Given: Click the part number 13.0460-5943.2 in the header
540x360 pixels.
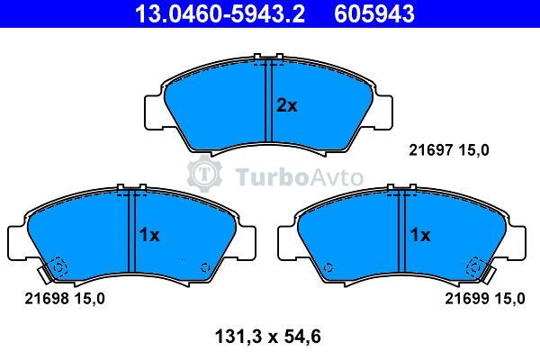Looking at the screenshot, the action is tap(220, 13).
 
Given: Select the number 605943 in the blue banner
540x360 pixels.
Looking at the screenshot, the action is tap(374, 13).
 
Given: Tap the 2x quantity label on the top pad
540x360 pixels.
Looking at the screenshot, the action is tap(286, 105).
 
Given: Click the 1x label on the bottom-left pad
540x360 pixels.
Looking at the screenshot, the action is tap(149, 235).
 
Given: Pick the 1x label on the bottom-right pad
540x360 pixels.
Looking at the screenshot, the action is tap(419, 235).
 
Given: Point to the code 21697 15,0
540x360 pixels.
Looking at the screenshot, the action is tap(449, 150).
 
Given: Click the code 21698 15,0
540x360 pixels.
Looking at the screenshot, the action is tap(65, 298).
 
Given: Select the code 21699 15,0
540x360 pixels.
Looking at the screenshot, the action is tap(485, 298).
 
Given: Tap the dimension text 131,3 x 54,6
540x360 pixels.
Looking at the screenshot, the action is tap(267, 337).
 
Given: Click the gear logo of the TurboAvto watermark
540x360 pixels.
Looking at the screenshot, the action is tap(204, 174).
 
